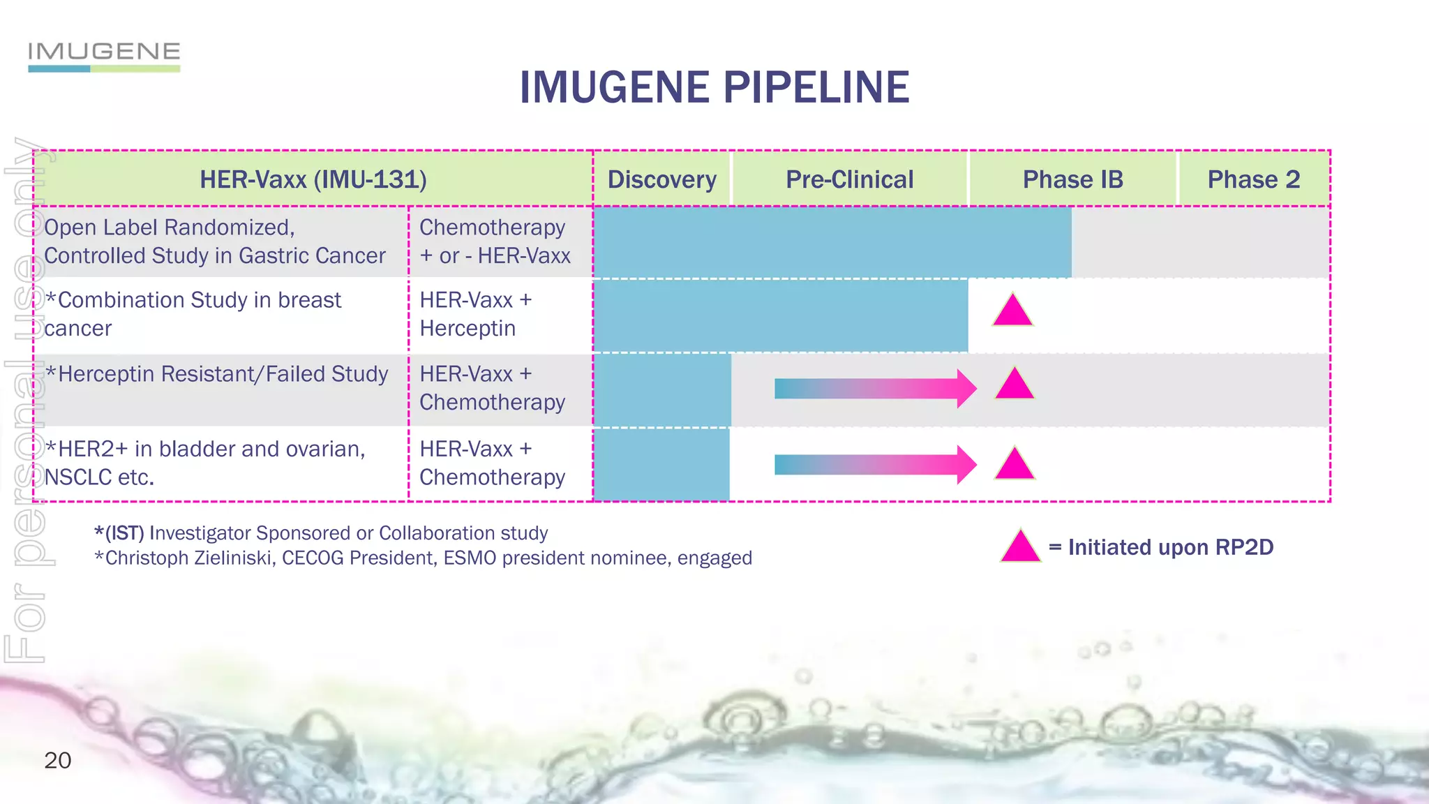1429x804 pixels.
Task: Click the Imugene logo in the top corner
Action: click(x=104, y=56)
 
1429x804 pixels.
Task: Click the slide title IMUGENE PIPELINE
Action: click(x=714, y=88)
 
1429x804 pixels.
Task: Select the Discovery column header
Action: click(x=661, y=179)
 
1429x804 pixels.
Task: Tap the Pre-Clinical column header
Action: click(x=849, y=179)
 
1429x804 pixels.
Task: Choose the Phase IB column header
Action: click(x=1072, y=179)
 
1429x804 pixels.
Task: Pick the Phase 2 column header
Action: click(x=1253, y=179)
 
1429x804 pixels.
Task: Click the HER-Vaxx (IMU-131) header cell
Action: click(x=313, y=179)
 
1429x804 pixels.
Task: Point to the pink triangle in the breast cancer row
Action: click(x=1012, y=311)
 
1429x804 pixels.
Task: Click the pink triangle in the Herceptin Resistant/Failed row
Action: click(x=1014, y=385)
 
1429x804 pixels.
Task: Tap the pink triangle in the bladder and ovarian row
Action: click(x=1014, y=465)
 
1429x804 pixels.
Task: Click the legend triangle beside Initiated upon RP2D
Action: click(x=1020, y=547)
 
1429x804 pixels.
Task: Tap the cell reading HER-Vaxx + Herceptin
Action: click(x=476, y=314)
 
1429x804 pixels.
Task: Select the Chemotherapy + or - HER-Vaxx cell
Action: click(x=495, y=241)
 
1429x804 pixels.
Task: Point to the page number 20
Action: click(x=57, y=760)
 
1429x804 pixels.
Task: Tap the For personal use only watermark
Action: click(x=27, y=398)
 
